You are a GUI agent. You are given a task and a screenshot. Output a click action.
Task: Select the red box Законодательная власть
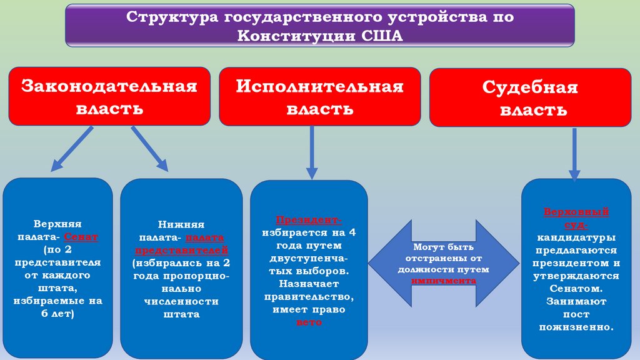tap(109, 96)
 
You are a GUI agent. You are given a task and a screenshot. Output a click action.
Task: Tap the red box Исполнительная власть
tap(319, 96)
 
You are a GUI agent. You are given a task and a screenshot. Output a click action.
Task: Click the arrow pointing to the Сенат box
tap(72, 148)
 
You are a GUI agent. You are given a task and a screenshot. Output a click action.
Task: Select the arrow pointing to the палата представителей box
tap(149, 148)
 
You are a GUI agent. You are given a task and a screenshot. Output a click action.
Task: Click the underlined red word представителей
tap(181, 250)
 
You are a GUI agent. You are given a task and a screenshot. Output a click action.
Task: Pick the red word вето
tap(309, 322)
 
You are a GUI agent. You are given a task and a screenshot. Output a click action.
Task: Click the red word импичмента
tap(444, 281)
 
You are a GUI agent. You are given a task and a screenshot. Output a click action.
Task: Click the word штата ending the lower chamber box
tap(181, 314)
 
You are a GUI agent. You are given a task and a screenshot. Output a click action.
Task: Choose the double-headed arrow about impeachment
tap(444, 263)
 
